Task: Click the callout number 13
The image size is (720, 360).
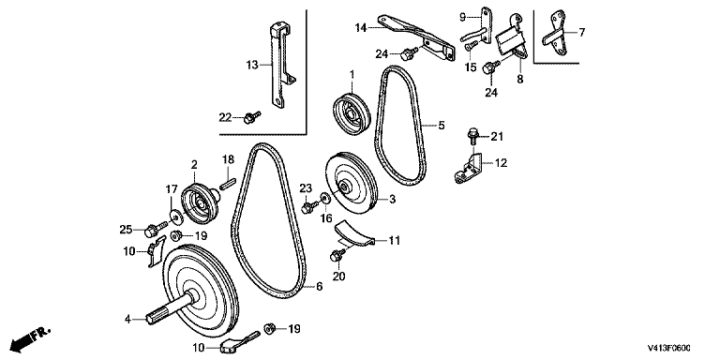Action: coord(251,65)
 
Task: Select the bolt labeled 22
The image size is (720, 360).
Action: coord(251,117)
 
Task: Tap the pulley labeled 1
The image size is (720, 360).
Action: coord(352,114)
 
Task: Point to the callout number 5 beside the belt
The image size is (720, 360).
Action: coord(442,125)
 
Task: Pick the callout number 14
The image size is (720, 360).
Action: coord(361,27)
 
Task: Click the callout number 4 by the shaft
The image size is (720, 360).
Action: coord(128,318)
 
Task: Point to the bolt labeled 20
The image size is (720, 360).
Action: coord(337,254)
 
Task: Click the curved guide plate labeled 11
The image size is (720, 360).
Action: coord(354,233)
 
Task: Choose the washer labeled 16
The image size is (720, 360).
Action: coord(325,198)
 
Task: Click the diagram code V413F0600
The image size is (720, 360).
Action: coord(669,348)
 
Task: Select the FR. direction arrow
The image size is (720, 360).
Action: coord(30,338)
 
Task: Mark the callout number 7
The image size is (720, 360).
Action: coord(581,32)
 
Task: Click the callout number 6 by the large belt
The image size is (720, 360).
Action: coord(319,286)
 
